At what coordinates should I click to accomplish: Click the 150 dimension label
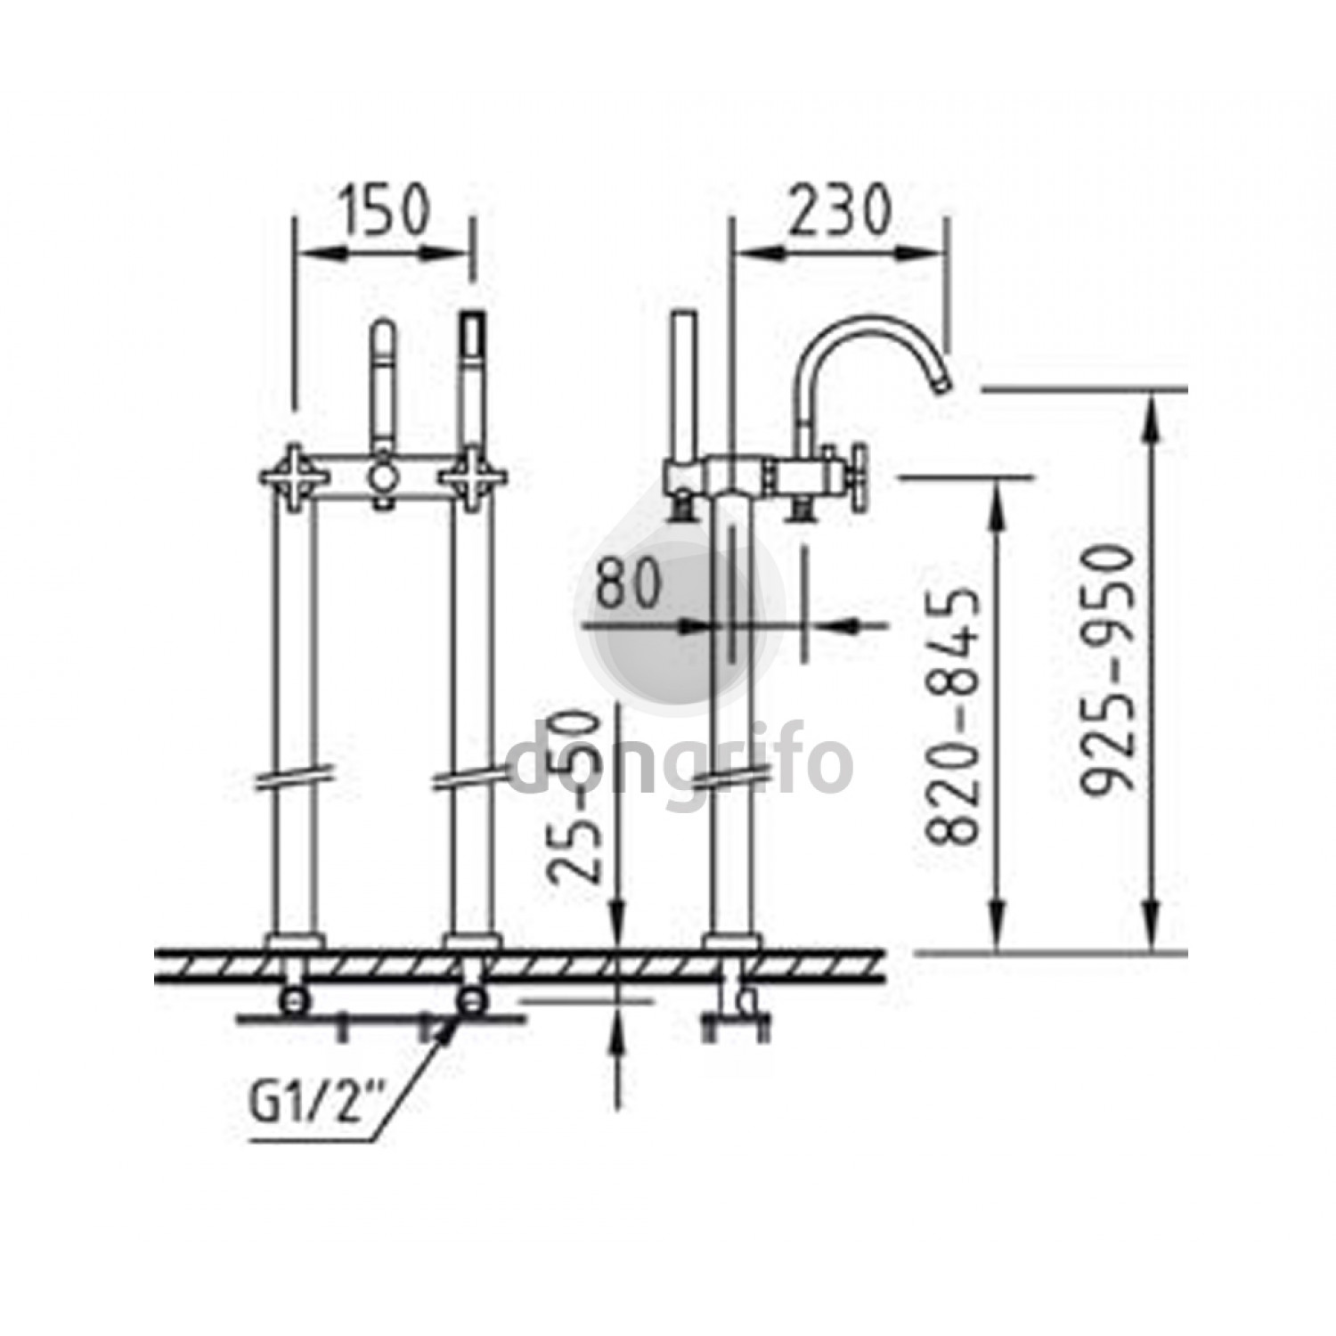coord(384,208)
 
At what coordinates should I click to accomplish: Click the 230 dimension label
coord(841,210)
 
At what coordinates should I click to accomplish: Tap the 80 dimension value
coord(629,584)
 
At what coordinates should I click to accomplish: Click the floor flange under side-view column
coord(729,942)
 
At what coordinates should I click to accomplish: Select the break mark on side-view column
coord(729,778)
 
